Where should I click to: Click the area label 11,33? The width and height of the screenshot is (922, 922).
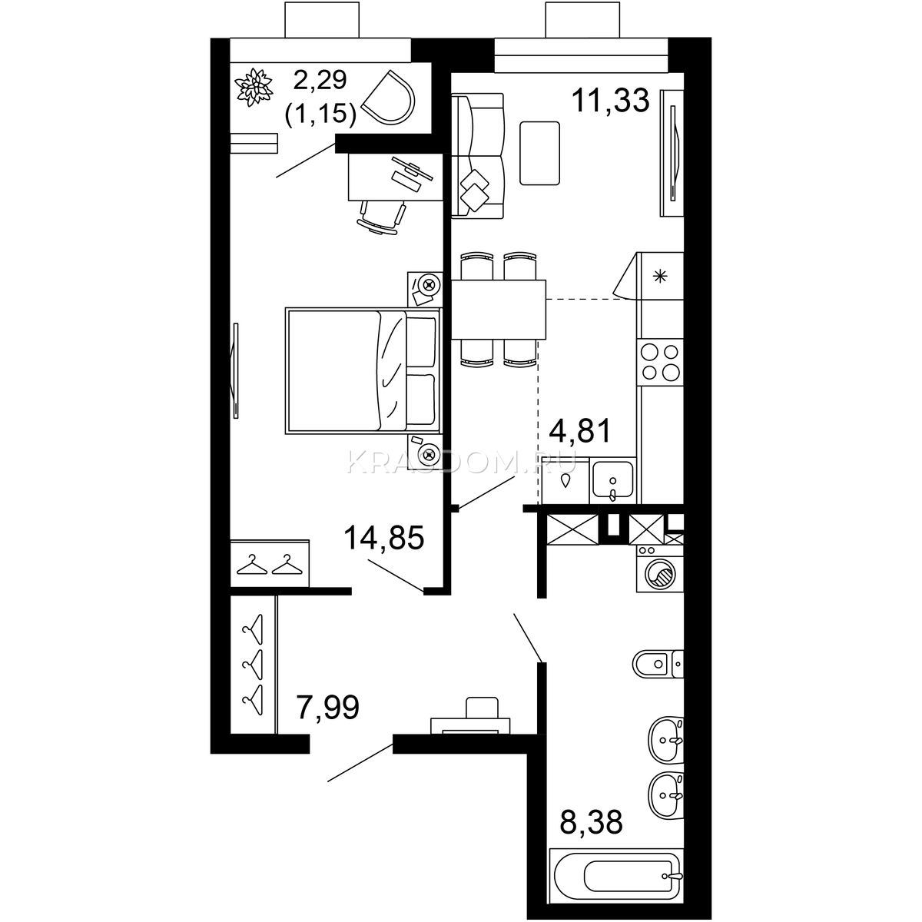pyautogui.click(x=611, y=101)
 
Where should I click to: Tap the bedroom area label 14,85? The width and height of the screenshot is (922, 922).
pyautogui.click(x=384, y=537)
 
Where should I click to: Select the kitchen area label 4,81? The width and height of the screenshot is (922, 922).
pyautogui.click(x=580, y=430)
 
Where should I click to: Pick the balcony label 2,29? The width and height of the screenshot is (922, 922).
pyautogui.click(x=320, y=80)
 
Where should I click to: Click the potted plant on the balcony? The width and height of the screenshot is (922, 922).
pyautogui.click(x=254, y=88)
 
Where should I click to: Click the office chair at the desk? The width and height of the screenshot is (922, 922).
pyautogui.click(x=381, y=217)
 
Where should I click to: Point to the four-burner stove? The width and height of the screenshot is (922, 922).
pyautogui.click(x=660, y=362)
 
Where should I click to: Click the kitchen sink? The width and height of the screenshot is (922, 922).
pyautogui.click(x=612, y=480)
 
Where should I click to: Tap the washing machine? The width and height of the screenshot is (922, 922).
pyautogui.click(x=659, y=569)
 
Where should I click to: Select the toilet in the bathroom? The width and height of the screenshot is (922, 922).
pyautogui.click(x=658, y=664)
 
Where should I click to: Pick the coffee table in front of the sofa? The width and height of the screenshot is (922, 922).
pyautogui.click(x=539, y=153)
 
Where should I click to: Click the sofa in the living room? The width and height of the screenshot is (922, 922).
pyautogui.click(x=477, y=156)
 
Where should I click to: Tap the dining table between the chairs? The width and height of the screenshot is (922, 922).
pyautogui.click(x=499, y=310)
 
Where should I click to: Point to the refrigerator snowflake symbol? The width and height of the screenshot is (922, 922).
pyautogui.click(x=660, y=276)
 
